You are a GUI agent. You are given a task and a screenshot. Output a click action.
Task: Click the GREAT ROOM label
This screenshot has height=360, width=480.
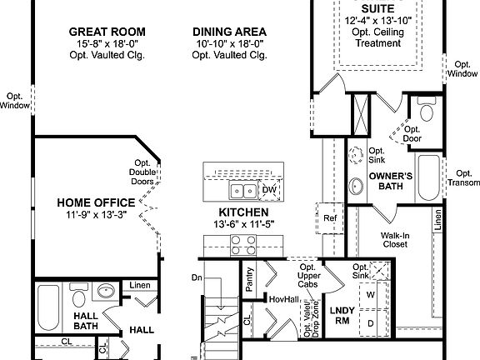pos(102,29)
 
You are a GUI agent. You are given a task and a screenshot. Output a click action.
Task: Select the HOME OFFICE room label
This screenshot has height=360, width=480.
pos(96,202)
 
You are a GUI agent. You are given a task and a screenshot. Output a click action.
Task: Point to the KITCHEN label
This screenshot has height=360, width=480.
pos(243,212)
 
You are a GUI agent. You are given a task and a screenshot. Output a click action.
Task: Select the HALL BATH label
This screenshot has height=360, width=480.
pos(86,322)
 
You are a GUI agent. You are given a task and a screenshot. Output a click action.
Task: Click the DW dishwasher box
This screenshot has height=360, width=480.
pos(268,190)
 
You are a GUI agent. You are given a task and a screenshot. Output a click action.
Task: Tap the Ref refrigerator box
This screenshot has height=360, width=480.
pos(330,218)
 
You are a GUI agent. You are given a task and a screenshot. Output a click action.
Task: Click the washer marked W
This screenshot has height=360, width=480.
pos(371,293)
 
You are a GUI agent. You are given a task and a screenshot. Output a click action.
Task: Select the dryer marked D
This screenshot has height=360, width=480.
pos(371,321)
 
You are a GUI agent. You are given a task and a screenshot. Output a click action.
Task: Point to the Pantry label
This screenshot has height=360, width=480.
pos(250,277)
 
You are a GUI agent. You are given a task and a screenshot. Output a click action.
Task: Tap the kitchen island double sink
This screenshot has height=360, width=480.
pos(236,179)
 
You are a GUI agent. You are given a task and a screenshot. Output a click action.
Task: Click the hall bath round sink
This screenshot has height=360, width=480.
pos(106,292)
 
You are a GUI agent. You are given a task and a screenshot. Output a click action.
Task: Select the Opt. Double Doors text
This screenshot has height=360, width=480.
pos(142,172)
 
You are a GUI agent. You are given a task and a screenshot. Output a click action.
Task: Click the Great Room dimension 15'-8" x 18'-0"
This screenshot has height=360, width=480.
pos(102,42)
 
